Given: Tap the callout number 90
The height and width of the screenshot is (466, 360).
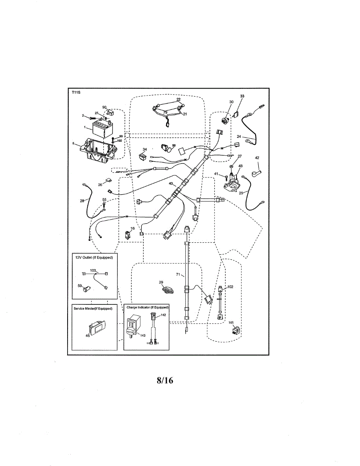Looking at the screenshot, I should pos(104,107).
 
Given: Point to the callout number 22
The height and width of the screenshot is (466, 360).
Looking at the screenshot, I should pos(178,99).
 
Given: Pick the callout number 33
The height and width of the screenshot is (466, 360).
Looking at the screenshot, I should pos(242,96).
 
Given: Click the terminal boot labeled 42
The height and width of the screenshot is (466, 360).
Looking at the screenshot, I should pos(257,170).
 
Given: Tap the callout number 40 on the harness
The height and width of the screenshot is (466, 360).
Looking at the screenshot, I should pos(170,184).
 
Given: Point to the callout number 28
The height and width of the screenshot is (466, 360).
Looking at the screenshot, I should pos(82,201).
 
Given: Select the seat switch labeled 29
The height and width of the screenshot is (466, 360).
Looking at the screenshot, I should pos(167,289).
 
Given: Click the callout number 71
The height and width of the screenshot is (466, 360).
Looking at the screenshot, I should pos(178,275).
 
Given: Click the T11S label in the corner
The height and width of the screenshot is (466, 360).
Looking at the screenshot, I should pos(75,92).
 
